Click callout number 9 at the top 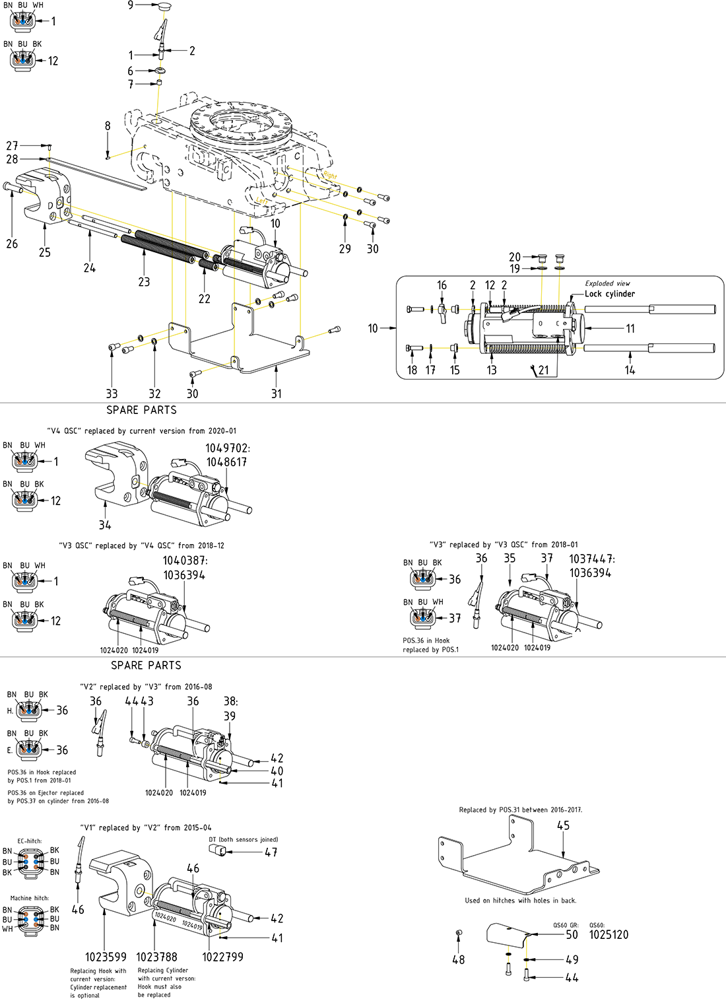coord(131,5)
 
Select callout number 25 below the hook coord(45,252)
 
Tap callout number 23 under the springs coord(144,282)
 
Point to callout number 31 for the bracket coord(277,394)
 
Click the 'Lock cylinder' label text coord(610,294)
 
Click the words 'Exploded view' coord(607,283)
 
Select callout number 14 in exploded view coord(630,370)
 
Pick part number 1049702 coord(227,448)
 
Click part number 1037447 coord(591,559)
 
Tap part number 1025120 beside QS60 coord(609,935)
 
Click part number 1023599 coord(106,957)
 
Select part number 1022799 coord(222,957)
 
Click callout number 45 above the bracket coord(563,826)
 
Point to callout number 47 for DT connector coord(271,852)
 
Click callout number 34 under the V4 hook coord(105,525)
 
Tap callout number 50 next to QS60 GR coord(572,935)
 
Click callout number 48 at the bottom coord(459,960)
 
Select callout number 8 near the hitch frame coord(108,126)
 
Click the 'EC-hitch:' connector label coord(30,841)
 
